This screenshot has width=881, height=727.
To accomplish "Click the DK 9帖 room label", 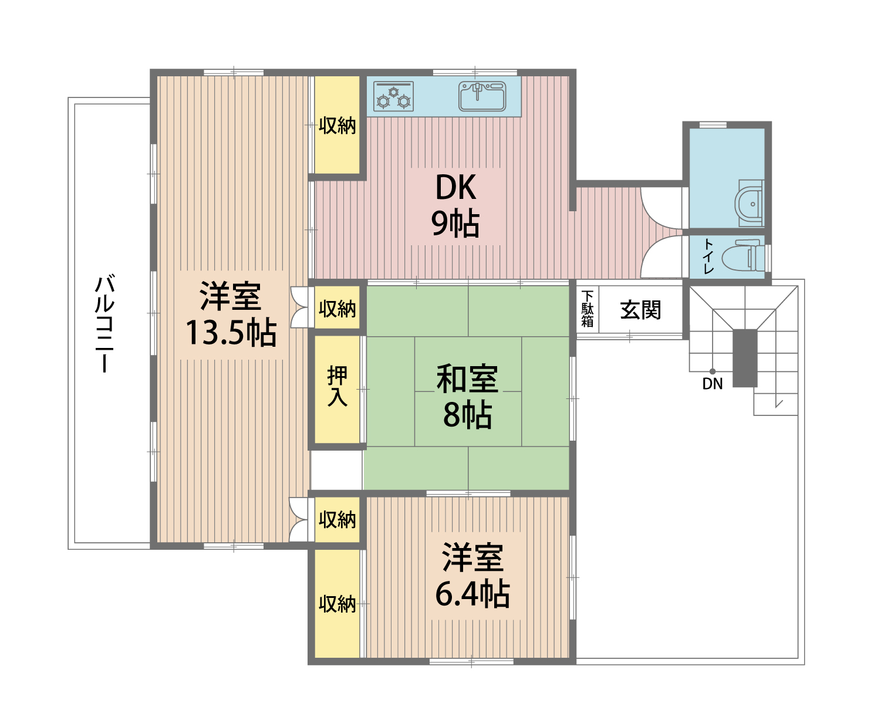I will point(456,205).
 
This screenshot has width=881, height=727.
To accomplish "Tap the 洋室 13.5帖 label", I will point(231,315).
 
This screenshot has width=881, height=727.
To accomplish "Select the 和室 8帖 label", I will point(467,397).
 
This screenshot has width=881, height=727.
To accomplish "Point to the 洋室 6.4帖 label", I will point(472,576).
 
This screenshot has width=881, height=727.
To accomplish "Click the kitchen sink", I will point(482,96).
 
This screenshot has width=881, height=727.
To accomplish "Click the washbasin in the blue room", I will point(749,203).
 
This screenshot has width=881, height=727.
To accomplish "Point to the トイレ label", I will point(708,256).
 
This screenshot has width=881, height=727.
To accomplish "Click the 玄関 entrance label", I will point(640,310).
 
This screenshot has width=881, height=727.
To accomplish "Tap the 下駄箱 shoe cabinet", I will point(588,309).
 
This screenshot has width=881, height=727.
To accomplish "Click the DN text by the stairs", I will point(713,384).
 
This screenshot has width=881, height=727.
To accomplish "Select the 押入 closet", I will point(337,387).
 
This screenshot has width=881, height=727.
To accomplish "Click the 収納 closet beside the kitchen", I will point(337,125).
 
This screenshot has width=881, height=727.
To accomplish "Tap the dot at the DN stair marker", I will point(713,371).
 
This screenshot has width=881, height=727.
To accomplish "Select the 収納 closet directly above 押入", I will point(337,309).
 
